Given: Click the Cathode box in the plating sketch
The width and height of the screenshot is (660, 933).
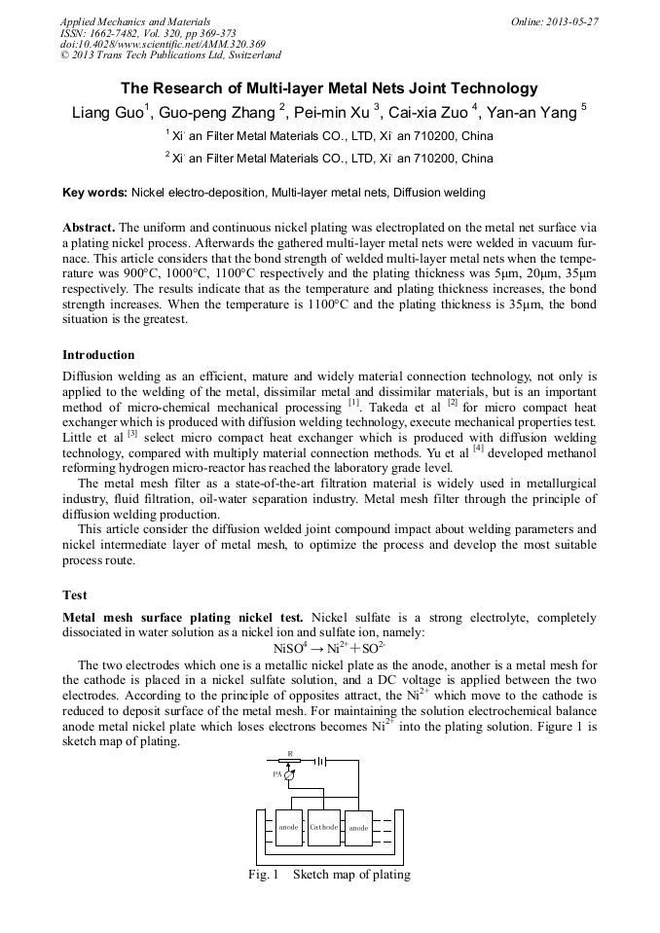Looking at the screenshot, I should (x=323, y=828).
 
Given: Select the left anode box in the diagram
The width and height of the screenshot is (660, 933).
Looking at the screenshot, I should (x=289, y=828).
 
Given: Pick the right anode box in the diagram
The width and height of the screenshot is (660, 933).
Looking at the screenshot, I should (x=358, y=828).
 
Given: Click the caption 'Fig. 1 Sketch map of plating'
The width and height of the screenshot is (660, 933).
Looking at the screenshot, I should (x=329, y=875).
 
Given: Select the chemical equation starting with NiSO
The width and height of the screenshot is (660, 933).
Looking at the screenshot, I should (x=329, y=647).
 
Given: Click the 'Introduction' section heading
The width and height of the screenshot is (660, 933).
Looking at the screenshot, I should (x=98, y=355).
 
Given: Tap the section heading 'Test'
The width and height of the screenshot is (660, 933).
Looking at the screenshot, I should (x=75, y=594).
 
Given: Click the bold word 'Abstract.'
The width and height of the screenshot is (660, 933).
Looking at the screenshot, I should (x=90, y=225).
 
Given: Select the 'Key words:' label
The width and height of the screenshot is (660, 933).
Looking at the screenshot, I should (x=94, y=193).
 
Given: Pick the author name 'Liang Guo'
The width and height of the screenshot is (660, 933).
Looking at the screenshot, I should (x=108, y=113).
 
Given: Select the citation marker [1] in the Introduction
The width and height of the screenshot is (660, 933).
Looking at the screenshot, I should (x=354, y=401).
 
